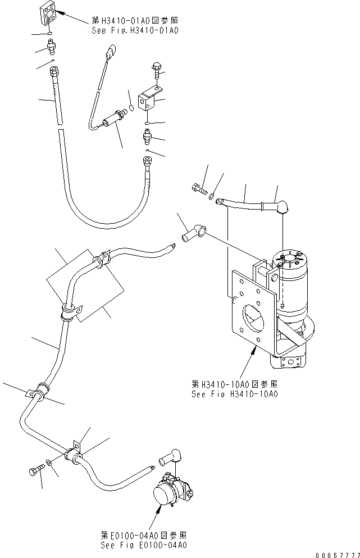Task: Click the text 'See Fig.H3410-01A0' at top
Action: tap(135, 31)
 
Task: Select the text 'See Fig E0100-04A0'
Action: tap(144, 545)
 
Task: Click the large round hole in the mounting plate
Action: tap(250, 321)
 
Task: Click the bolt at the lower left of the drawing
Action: tap(35, 471)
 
